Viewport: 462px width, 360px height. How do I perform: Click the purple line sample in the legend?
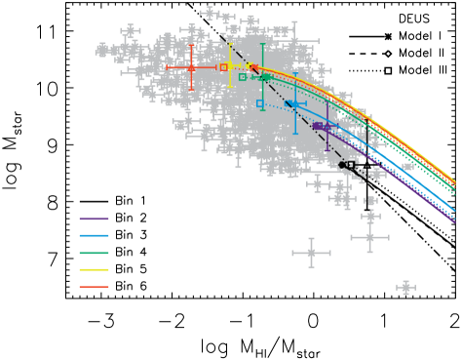click(x=94, y=220)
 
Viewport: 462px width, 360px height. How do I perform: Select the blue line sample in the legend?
click(x=94, y=236)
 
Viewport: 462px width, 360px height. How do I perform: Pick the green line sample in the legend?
click(x=94, y=254)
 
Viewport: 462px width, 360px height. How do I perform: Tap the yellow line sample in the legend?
click(x=94, y=270)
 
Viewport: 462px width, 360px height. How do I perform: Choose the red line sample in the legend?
click(x=94, y=287)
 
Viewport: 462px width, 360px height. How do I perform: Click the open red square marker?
click(x=223, y=67)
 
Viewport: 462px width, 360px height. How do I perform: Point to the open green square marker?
click(x=243, y=77)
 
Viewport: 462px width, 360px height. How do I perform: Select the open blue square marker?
click(x=260, y=103)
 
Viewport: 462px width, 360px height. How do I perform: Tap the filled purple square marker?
click(x=317, y=126)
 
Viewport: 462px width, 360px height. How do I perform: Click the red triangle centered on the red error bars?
click(x=191, y=68)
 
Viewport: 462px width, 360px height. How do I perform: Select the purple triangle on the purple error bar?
click(x=327, y=127)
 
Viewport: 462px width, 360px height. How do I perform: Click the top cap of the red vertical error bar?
click(x=191, y=45)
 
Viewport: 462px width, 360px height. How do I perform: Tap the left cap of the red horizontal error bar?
click(x=167, y=68)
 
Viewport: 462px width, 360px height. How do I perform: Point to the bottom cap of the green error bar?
click(x=263, y=109)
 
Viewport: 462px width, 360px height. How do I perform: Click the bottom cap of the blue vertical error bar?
click(x=294, y=134)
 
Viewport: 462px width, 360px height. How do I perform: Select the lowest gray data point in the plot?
click(x=405, y=287)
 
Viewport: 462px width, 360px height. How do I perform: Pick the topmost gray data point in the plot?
click(x=210, y=13)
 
